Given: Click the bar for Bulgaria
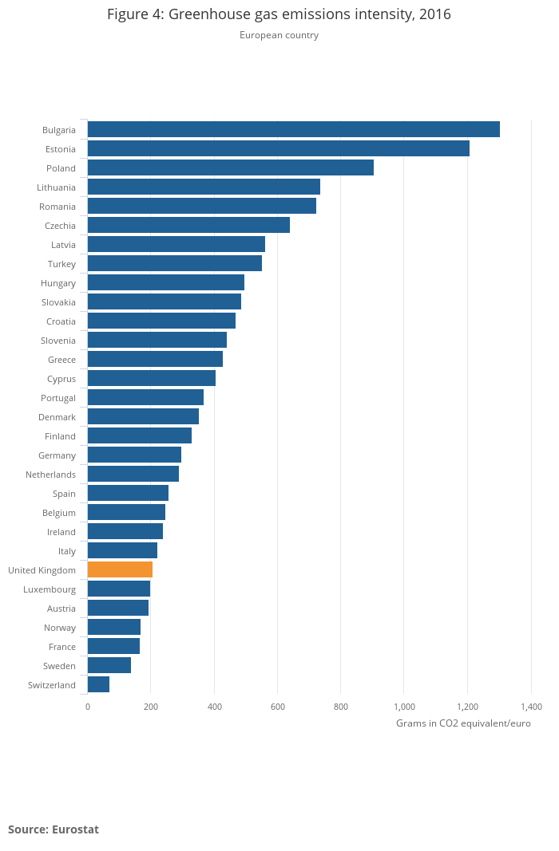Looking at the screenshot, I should click(x=293, y=129).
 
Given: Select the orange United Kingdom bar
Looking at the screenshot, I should click(x=120, y=569).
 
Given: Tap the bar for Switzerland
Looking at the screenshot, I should click(x=98, y=684).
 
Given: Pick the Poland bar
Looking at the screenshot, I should click(x=230, y=167).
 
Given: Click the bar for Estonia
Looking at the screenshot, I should click(x=278, y=148).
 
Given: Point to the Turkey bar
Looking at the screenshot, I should click(x=174, y=263).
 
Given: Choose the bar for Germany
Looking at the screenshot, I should click(x=134, y=455).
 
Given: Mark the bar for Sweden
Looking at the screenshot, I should click(x=109, y=665).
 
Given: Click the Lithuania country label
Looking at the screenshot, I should click(x=56, y=187).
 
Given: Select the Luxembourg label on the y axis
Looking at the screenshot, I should click(x=50, y=589).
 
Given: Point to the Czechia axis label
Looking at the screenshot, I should click(x=60, y=226).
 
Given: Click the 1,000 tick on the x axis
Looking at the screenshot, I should click(x=404, y=707).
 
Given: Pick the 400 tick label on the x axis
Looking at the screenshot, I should click(x=214, y=707).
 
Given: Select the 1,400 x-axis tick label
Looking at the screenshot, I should click(x=531, y=707).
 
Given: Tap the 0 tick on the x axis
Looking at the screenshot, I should click(x=88, y=707).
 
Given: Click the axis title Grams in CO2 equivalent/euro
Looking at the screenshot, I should click(x=463, y=723).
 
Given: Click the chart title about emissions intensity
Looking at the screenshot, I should click(x=279, y=14).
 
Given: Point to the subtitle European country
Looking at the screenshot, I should click(x=279, y=35).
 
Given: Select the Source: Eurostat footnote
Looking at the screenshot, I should click(x=54, y=829).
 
